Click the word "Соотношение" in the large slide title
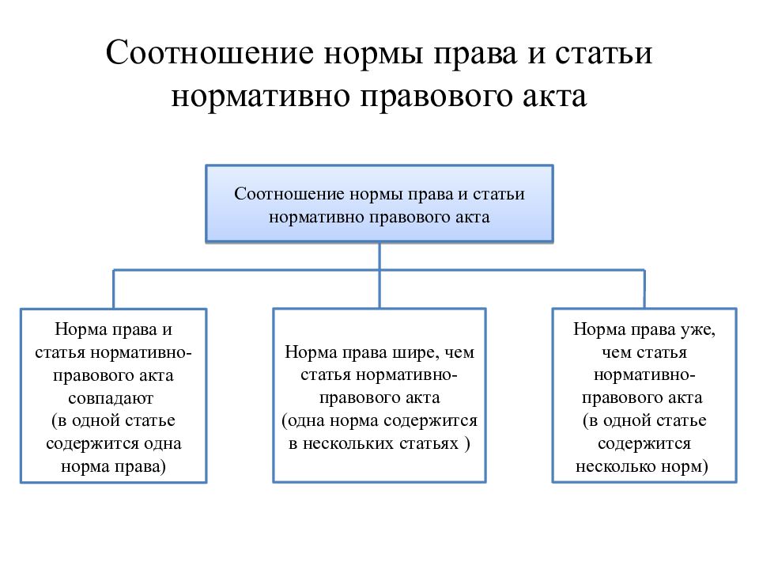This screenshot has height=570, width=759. [210, 52]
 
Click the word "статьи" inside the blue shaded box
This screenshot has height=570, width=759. [499, 194]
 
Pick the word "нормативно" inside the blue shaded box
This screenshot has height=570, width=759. [316, 217]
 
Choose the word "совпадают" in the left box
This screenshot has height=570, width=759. [111, 399]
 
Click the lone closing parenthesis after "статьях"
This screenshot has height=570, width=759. [467, 444]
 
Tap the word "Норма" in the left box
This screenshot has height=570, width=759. [81, 329]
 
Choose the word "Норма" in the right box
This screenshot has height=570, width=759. [599, 329]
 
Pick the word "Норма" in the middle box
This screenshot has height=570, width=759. [310, 352]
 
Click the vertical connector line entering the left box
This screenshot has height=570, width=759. [113, 289]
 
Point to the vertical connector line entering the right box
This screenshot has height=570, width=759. [644, 289]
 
